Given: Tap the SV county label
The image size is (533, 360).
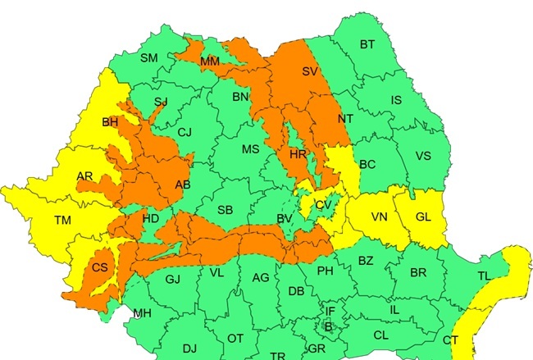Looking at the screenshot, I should [x=310, y=72].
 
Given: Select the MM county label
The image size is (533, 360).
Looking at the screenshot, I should [x=210, y=62].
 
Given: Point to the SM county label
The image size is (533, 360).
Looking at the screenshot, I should [x=149, y=58].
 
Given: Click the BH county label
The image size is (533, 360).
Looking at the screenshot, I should [x=110, y=123].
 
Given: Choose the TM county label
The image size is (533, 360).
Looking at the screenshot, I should [x=62, y=220].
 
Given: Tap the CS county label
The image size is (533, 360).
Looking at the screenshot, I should [x=100, y=268].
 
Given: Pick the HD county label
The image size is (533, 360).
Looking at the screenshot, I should [x=151, y=219].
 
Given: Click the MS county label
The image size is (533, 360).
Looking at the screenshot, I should [x=250, y=149].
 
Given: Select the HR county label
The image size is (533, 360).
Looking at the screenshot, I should [x=297, y=153].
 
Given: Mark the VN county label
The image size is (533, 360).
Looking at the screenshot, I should [x=379, y=217].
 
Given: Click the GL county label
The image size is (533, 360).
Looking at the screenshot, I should [x=423, y=217].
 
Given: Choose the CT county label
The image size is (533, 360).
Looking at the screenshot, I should [x=450, y=340].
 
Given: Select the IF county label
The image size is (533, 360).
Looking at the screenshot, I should [x=330, y=312].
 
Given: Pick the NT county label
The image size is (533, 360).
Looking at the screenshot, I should [x=345, y=119].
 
